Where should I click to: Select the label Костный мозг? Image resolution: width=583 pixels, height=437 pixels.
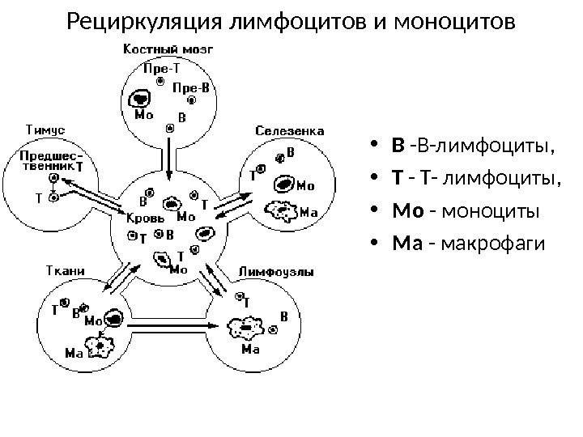pos(168,49)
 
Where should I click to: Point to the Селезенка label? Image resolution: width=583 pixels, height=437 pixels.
pos(291,130)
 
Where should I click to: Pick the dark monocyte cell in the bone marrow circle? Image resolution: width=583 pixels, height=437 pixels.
pos(140,98)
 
